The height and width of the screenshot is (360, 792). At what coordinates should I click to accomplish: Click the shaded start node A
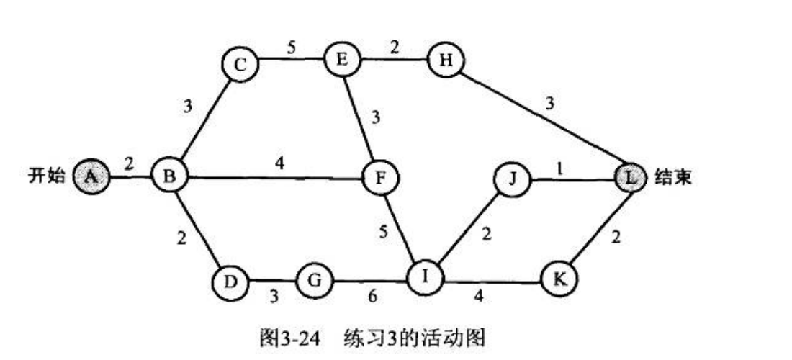(x=91, y=176)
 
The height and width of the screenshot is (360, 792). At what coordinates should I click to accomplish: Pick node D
(x=229, y=280)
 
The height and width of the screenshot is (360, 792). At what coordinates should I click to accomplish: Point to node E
(x=341, y=60)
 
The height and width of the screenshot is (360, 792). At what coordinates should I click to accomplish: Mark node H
(x=446, y=60)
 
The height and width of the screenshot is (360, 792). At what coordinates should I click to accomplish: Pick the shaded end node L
(x=632, y=177)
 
